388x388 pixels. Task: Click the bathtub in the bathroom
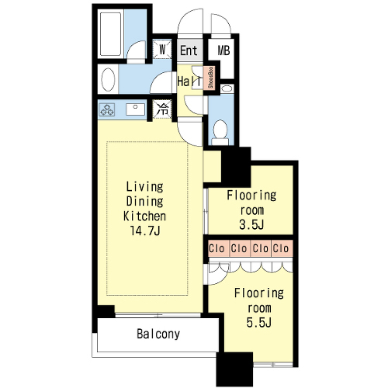(x=110, y=34)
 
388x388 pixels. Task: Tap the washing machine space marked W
(x=162, y=49)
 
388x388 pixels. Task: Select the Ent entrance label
(x=189, y=50)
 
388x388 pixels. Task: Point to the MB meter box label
(x=223, y=50)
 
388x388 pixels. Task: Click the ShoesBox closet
(x=211, y=78)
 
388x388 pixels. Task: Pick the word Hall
(x=189, y=81)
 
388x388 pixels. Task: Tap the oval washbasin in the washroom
(x=108, y=79)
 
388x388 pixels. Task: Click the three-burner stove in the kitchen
(x=107, y=110)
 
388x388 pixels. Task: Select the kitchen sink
(x=135, y=109)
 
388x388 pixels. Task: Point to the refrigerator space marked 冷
(x=163, y=109)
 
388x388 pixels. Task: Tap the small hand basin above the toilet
(x=227, y=88)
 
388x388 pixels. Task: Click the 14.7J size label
(x=145, y=230)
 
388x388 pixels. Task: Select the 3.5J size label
(x=251, y=224)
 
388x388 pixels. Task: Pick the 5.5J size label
(x=259, y=322)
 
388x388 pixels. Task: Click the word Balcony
(x=158, y=334)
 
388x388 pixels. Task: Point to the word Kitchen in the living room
(x=144, y=216)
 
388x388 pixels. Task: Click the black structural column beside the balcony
(x=234, y=369)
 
